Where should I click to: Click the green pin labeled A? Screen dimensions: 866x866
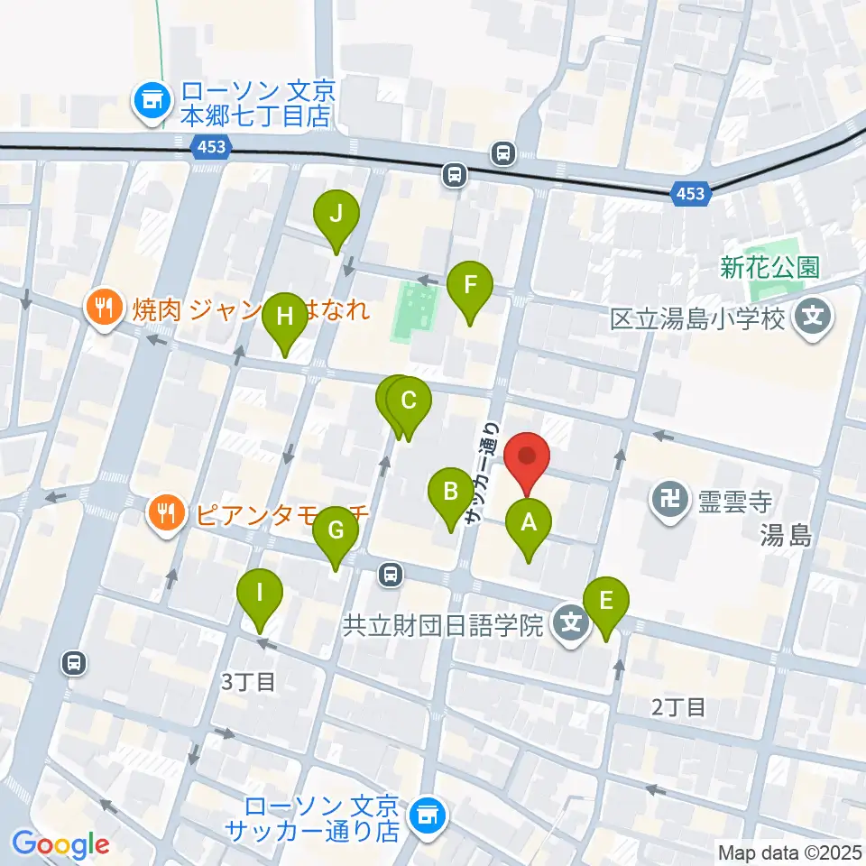(529, 526)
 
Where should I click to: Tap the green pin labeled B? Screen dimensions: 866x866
(449, 496)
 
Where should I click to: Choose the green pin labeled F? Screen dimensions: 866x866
(469, 288)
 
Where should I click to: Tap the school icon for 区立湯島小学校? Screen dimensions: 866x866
(814, 318)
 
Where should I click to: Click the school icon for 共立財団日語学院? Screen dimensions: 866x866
(571, 622)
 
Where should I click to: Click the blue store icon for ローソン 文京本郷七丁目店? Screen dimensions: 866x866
(151, 102)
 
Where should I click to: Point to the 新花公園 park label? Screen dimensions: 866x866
(769, 267)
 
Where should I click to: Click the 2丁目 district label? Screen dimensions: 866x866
(678, 706)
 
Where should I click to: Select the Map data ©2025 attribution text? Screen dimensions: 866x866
(790, 852)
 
